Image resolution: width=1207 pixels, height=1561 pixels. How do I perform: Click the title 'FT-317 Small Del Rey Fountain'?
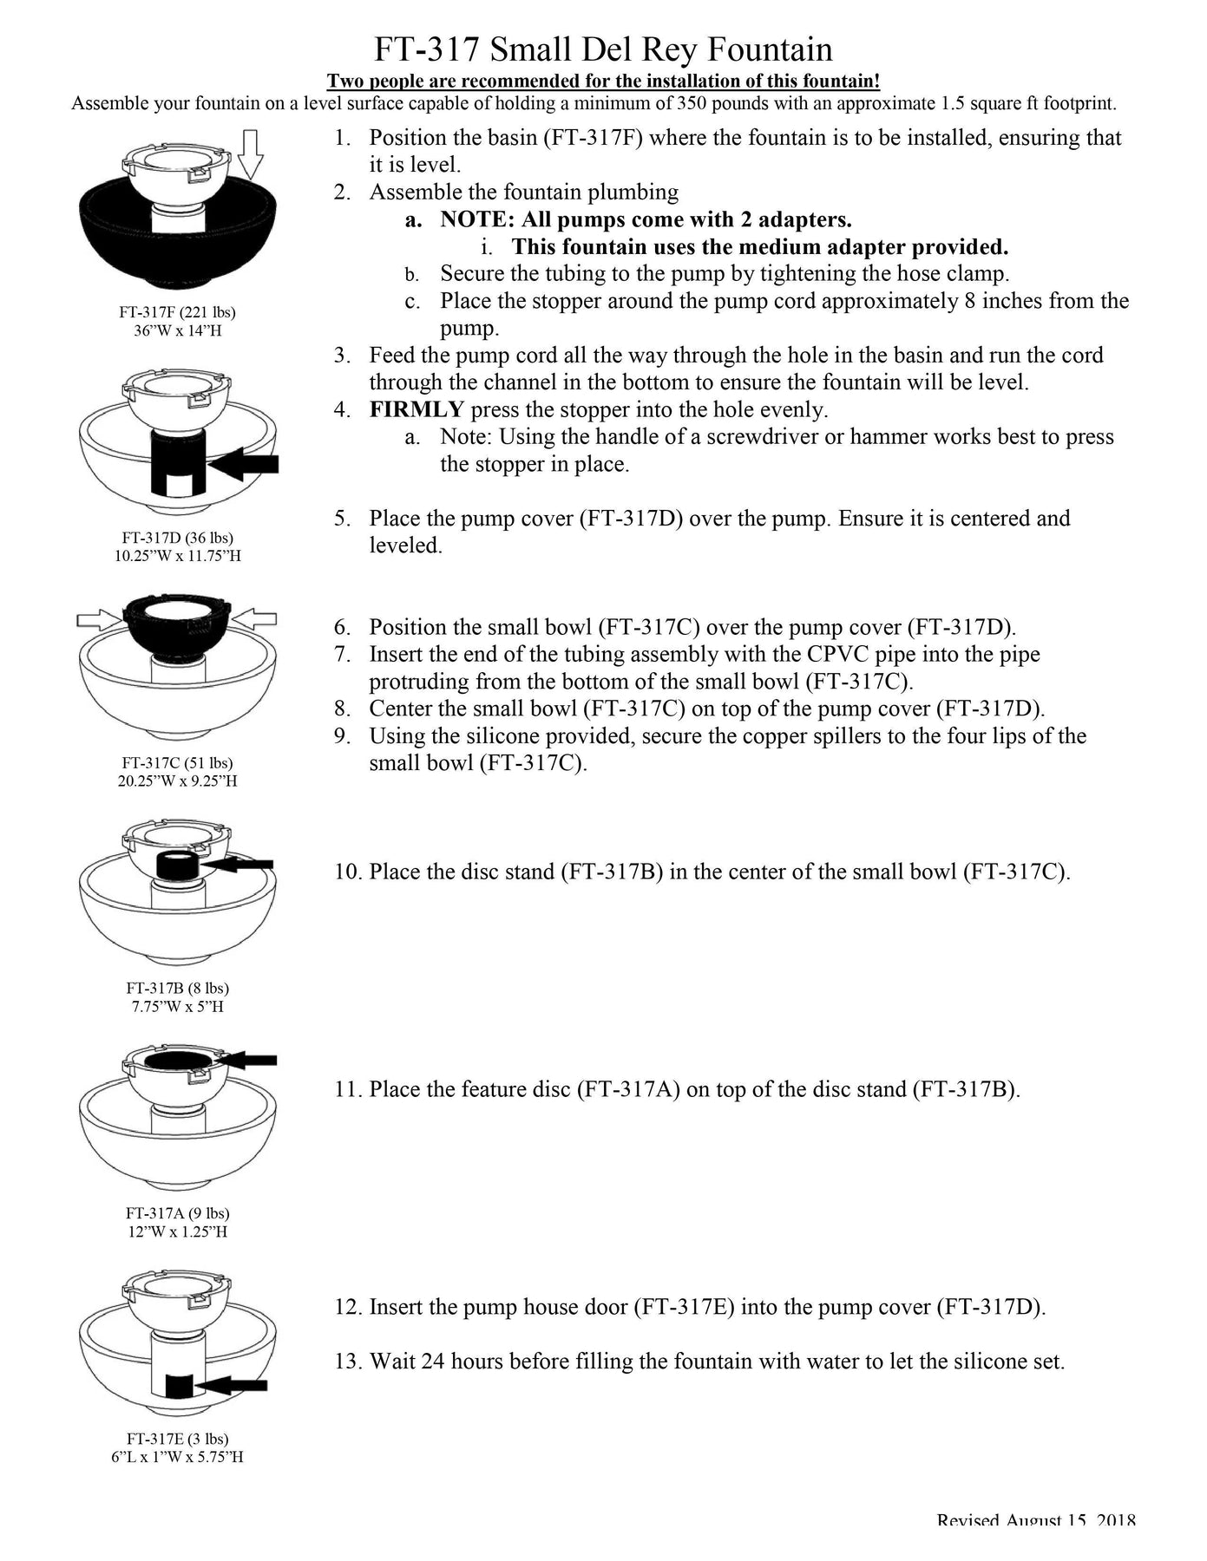tap(603, 49)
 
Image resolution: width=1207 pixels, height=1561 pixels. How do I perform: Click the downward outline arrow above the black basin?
tap(250, 153)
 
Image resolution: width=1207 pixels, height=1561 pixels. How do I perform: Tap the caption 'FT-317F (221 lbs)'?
tap(178, 311)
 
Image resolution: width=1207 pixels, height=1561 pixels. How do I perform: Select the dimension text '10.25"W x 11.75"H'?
tap(178, 556)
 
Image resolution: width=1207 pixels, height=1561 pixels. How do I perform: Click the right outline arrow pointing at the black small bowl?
tap(255, 618)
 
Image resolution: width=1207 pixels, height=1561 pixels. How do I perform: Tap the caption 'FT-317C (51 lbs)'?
tap(178, 763)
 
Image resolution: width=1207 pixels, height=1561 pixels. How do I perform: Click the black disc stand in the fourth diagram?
tap(177, 865)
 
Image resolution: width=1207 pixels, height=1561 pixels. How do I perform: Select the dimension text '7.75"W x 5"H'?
tap(178, 1007)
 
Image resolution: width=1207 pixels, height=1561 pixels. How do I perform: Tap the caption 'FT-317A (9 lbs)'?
tap(178, 1213)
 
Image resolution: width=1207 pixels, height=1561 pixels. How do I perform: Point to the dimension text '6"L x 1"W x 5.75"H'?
tap(178, 1457)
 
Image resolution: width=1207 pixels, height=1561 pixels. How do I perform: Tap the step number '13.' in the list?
tap(349, 1362)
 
